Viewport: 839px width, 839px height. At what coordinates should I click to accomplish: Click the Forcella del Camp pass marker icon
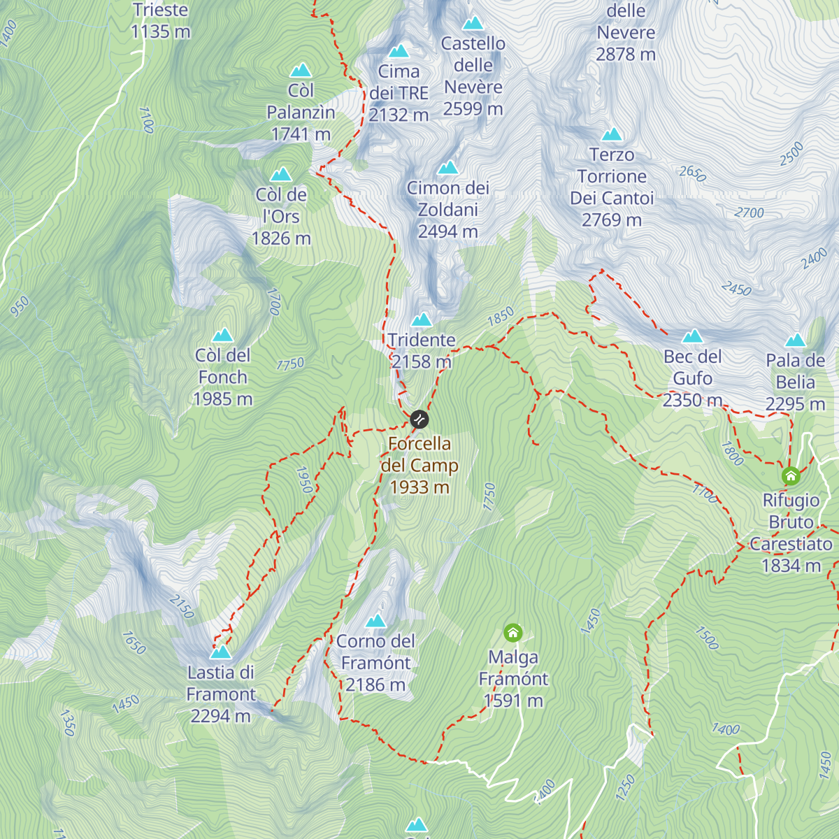(419, 419)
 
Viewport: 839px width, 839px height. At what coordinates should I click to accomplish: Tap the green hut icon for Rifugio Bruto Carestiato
(791, 476)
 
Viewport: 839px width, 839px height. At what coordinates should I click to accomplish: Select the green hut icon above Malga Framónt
(513, 633)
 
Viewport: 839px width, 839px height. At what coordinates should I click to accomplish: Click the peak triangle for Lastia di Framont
(221, 652)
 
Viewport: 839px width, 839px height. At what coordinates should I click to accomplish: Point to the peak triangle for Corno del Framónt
(375, 621)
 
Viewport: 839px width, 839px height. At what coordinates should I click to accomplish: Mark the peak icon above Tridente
(421, 320)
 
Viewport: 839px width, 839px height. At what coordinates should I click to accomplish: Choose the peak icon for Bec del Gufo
(692, 336)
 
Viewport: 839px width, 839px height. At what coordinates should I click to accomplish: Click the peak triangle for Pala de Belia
(795, 340)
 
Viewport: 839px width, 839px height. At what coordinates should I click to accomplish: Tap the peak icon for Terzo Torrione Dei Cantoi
(612, 134)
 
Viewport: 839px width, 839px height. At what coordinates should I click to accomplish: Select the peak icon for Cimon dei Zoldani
(447, 168)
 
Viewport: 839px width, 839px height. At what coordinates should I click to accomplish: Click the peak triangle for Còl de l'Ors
(281, 174)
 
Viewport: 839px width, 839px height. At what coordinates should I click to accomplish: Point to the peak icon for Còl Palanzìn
(301, 70)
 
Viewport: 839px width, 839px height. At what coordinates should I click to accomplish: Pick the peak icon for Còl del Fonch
(222, 335)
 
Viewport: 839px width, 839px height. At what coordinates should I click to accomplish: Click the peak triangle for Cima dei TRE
(399, 51)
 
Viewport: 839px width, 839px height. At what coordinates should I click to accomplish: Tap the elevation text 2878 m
(626, 54)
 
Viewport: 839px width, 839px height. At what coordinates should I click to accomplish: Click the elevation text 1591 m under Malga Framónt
(513, 701)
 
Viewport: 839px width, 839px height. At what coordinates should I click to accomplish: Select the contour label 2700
(749, 213)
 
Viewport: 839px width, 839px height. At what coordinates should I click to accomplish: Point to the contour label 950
(20, 306)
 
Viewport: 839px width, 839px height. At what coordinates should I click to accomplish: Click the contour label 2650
(692, 173)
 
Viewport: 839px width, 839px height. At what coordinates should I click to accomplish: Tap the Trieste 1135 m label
(160, 21)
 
